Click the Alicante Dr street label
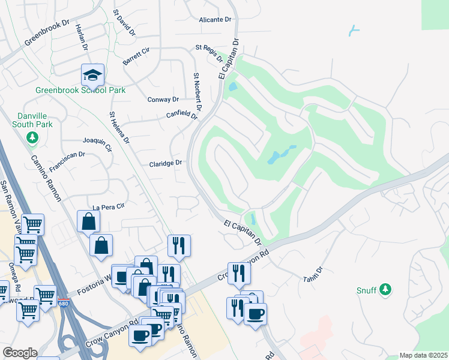(x=215, y=19)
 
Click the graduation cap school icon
(x=93, y=75)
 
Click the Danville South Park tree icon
(x=32, y=139)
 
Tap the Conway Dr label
(x=163, y=100)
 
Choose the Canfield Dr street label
(x=182, y=115)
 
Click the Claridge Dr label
(x=165, y=163)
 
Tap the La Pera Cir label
(x=107, y=206)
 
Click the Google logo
(x=20, y=353)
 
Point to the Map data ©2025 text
(x=423, y=355)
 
